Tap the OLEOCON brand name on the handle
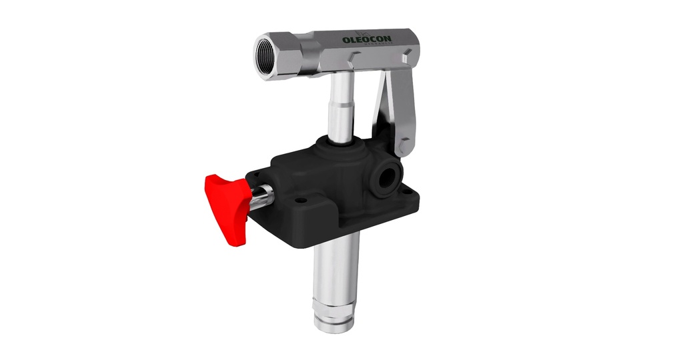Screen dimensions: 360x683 [x=367, y=40]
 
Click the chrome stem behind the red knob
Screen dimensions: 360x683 [x=261, y=196]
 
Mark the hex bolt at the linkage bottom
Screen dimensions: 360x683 [x=406, y=145]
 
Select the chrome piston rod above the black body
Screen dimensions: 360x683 [x=341, y=107]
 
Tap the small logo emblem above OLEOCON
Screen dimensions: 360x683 [x=364, y=33]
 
